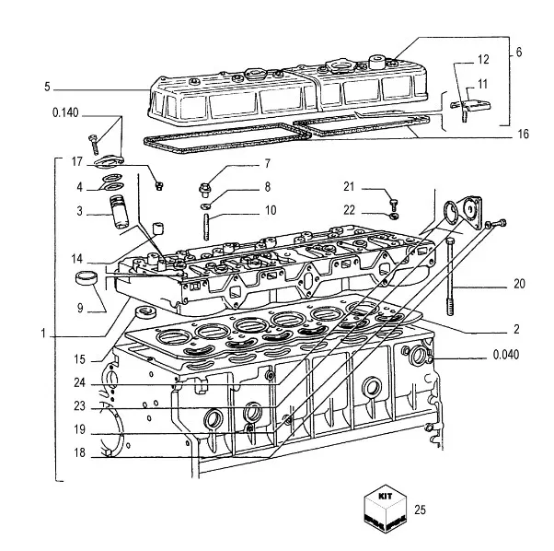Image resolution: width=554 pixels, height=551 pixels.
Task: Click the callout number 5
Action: (46, 88)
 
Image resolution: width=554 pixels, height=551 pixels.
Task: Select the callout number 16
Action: (523, 135)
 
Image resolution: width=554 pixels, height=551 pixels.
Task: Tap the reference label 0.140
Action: (66, 113)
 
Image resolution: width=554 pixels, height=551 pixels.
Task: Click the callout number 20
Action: (519, 284)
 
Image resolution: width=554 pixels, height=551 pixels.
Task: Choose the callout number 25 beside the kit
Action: (421, 509)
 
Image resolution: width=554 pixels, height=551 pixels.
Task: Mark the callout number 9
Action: (80, 308)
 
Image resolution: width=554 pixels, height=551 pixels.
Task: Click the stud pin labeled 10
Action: (208, 225)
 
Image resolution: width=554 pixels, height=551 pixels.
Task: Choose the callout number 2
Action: (518, 329)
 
